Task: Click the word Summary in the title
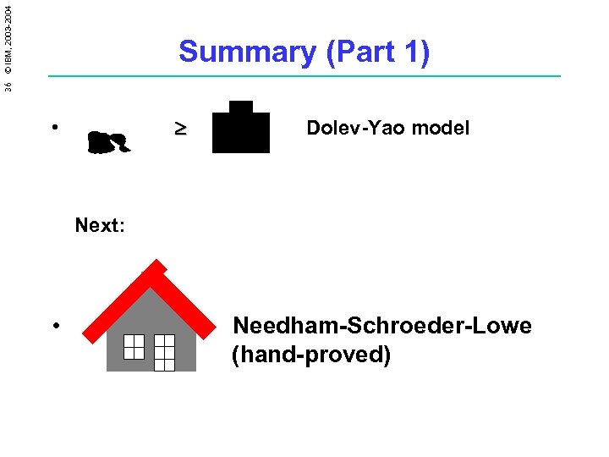247,52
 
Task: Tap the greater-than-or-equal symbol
180,129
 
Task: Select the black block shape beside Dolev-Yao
241,129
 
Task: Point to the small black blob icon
108,141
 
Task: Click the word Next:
100,225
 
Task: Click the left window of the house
134,346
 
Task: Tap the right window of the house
164,352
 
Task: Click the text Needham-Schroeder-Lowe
382,326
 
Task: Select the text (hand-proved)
311,355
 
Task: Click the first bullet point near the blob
53,128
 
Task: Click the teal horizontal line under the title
304,77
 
